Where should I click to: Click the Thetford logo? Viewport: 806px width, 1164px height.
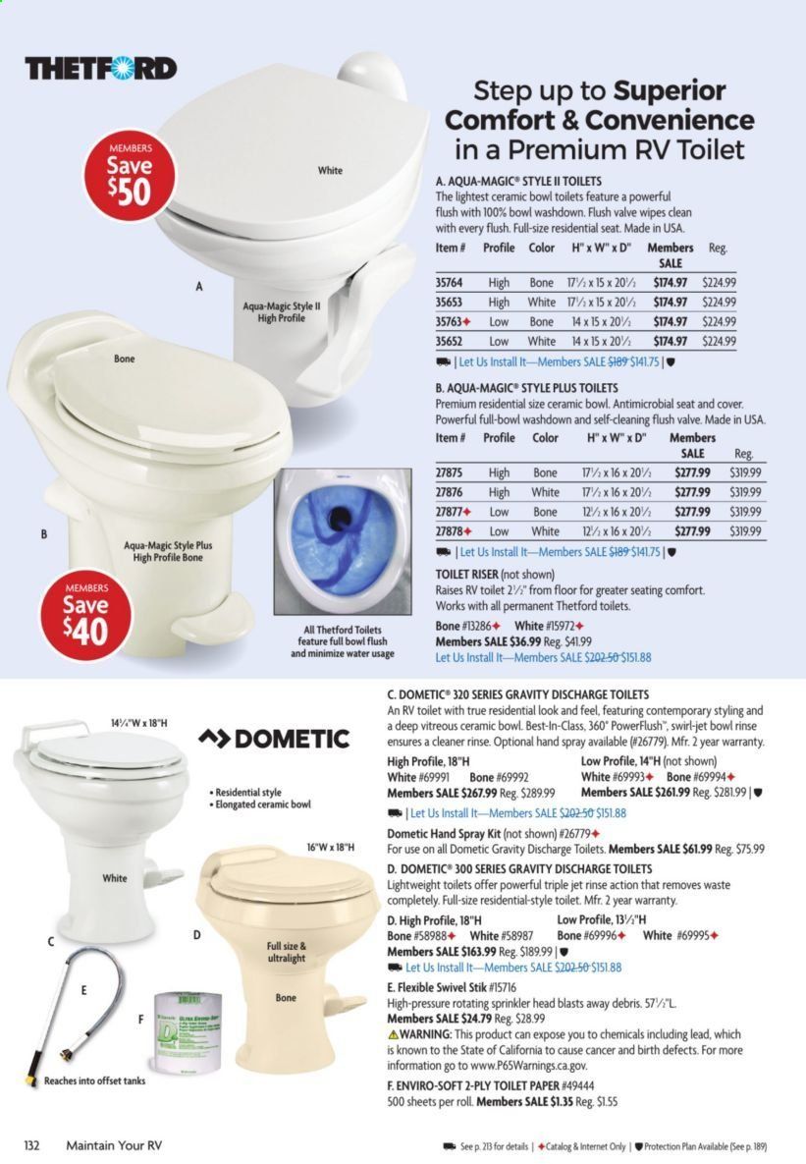coord(101,69)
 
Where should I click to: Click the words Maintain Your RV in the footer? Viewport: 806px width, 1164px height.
coord(113,1145)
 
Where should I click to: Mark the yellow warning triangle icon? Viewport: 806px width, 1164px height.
coord(394,1034)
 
